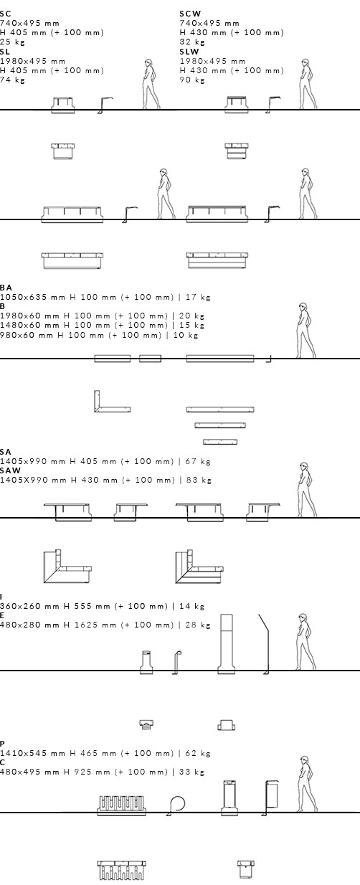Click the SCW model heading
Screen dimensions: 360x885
click(x=190, y=14)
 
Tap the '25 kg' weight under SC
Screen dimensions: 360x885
click(x=12, y=42)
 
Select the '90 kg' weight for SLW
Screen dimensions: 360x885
click(x=192, y=80)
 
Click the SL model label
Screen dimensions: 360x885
click(x=5, y=52)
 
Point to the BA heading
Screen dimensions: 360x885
click(x=6, y=288)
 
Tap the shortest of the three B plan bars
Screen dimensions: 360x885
click(x=220, y=442)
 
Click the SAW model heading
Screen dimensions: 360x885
click(x=10, y=470)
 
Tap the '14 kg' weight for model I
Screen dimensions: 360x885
click(x=191, y=606)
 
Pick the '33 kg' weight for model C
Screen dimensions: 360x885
click(x=191, y=772)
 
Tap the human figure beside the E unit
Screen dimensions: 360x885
click(x=305, y=642)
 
